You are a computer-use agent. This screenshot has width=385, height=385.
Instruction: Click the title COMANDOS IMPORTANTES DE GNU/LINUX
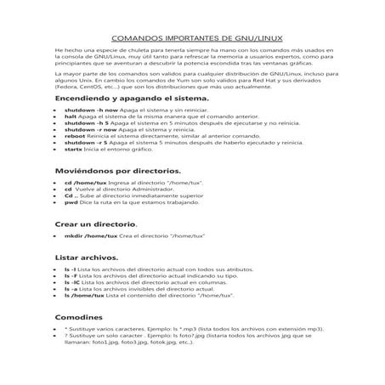tap(193, 39)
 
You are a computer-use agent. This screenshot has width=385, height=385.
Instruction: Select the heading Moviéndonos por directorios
tap(116, 171)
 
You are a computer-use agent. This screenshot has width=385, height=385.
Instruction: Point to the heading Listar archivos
tap(87, 255)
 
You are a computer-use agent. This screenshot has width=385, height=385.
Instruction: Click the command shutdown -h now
tap(89, 111)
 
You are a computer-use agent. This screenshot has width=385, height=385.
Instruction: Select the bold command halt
tap(71, 117)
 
